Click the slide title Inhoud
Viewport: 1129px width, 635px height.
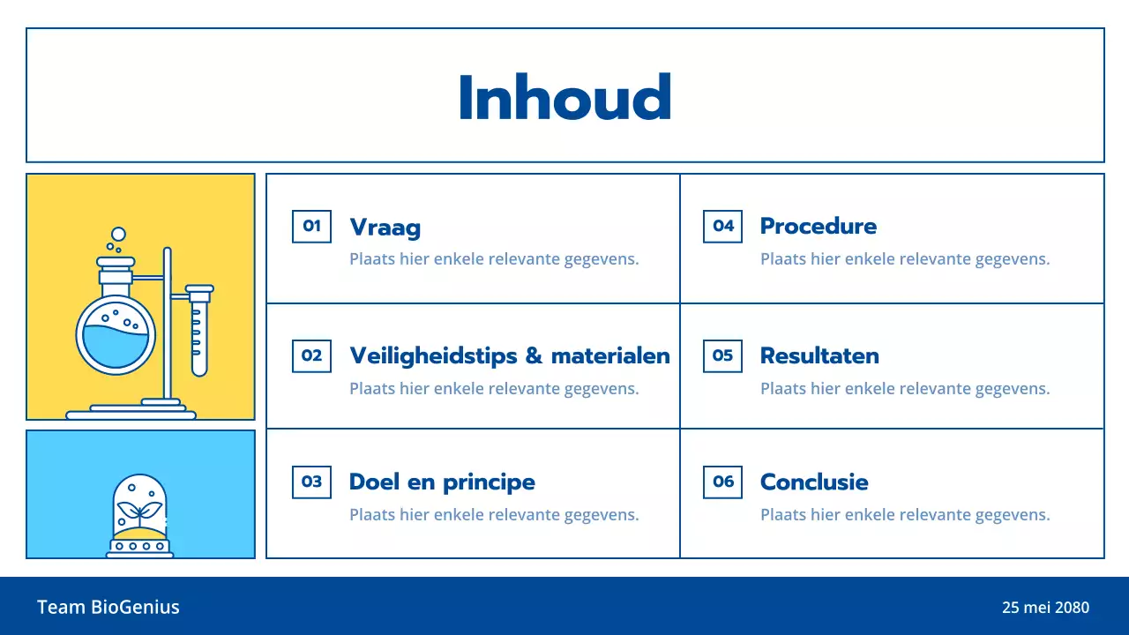coord(564,97)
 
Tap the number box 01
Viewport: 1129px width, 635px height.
coord(311,226)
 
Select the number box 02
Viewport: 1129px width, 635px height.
coord(311,355)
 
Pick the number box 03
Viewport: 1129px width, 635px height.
coord(311,482)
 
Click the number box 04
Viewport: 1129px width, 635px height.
coord(722,226)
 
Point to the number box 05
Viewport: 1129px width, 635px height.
coord(722,355)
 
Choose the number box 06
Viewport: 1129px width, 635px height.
coord(722,482)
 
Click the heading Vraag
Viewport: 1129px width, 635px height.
coord(385,228)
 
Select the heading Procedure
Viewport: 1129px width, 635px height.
coord(818,227)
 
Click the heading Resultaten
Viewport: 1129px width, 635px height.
coord(819,356)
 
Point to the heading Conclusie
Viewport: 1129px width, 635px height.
coord(814,482)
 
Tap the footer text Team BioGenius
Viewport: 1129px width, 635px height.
coord(108,607)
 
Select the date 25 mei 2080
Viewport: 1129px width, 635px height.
coord(1045,607)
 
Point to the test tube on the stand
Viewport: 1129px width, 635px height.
coord(199,333)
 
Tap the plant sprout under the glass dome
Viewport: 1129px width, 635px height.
coord(140,510)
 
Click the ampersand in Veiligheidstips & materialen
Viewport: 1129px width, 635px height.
coord(533,356)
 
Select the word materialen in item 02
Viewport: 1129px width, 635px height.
coord(610,356)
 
